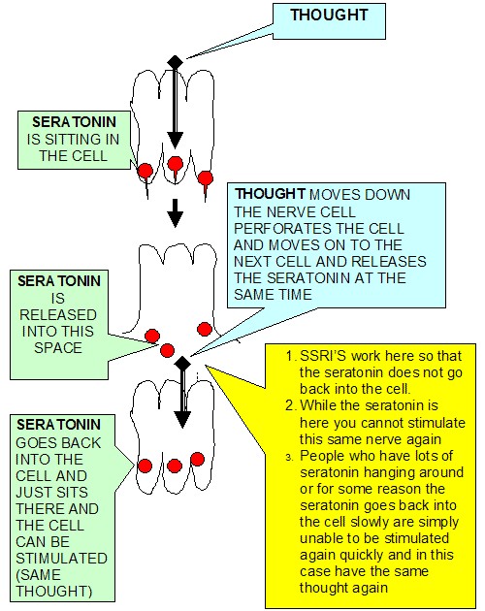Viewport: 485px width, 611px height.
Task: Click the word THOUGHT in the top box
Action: (329, 16)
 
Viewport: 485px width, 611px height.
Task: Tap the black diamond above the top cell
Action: (175, 61)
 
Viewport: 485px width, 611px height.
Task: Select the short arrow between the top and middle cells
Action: (175, 213)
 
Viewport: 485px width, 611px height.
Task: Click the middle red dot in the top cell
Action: (176, 164)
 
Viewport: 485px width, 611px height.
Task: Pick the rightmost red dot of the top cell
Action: (205, 178)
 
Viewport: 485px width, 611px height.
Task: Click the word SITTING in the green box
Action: (73, 139)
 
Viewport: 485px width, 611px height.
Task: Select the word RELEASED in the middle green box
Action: (57, 314)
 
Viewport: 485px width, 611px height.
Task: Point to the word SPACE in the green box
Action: (57, 347)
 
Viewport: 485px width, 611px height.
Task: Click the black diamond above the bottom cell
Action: (182, 363)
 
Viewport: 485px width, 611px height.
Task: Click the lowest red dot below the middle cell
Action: (167, 350)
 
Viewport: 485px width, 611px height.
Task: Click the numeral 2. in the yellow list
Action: (291, 405)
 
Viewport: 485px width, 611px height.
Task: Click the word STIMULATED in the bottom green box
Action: (61, 558)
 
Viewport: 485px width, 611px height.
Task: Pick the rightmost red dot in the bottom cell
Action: (197, 459)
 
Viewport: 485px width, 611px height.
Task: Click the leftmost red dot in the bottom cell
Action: (145, 466)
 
